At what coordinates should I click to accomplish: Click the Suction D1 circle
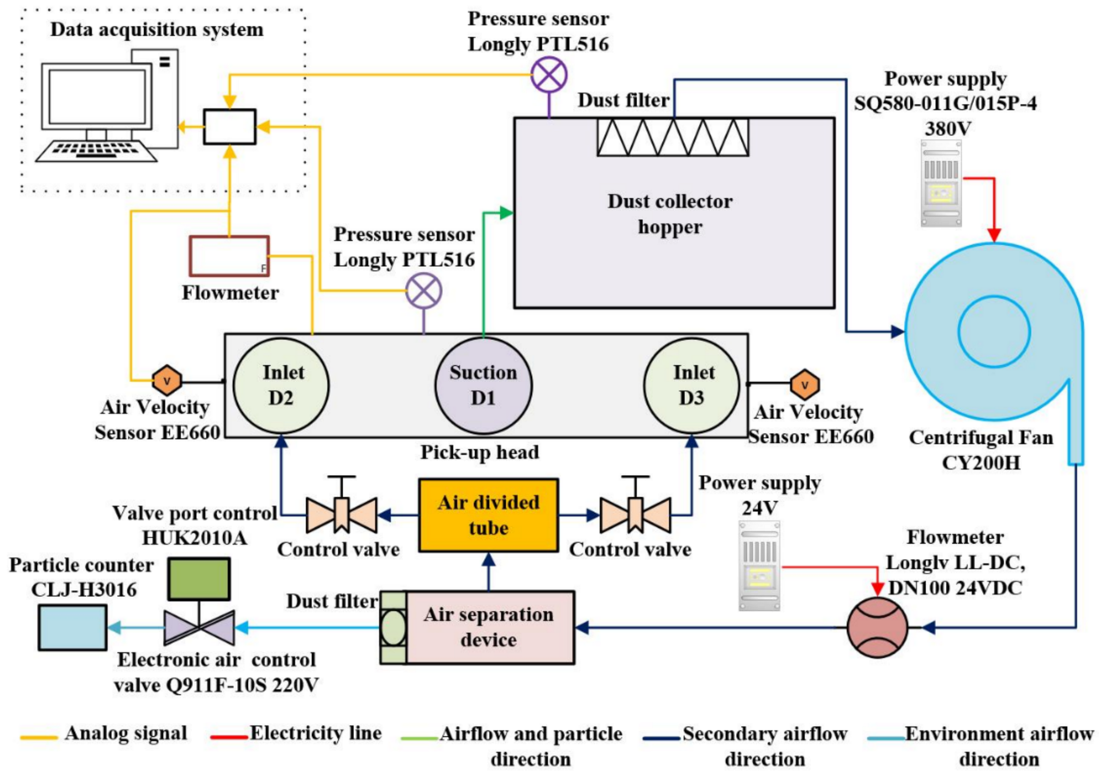[483, 386]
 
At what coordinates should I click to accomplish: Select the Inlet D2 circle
[281, 386]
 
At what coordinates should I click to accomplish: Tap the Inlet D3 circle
[692, 386]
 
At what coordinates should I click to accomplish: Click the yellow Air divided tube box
[488, 515]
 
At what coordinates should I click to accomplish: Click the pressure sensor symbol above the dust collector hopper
[549, 75]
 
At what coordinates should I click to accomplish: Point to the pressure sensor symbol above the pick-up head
[424, 291]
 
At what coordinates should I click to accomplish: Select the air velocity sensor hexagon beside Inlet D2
[167, 381]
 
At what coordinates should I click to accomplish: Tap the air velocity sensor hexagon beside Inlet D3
[805, 385]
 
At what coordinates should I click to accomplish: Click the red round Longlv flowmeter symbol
[877, 627]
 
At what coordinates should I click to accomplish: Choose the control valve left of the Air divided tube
[342, 512]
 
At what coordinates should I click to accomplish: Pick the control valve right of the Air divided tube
[635, 512]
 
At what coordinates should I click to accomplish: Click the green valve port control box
[199, 579]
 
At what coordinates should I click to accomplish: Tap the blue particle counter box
[73, 628]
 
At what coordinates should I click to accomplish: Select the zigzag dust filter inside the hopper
[672, 137]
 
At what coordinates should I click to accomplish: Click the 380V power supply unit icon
[941, 183]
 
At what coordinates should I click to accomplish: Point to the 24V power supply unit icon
[759, 565]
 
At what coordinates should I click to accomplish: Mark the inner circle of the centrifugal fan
[994, 332]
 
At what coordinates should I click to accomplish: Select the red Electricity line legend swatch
[229, 737]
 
